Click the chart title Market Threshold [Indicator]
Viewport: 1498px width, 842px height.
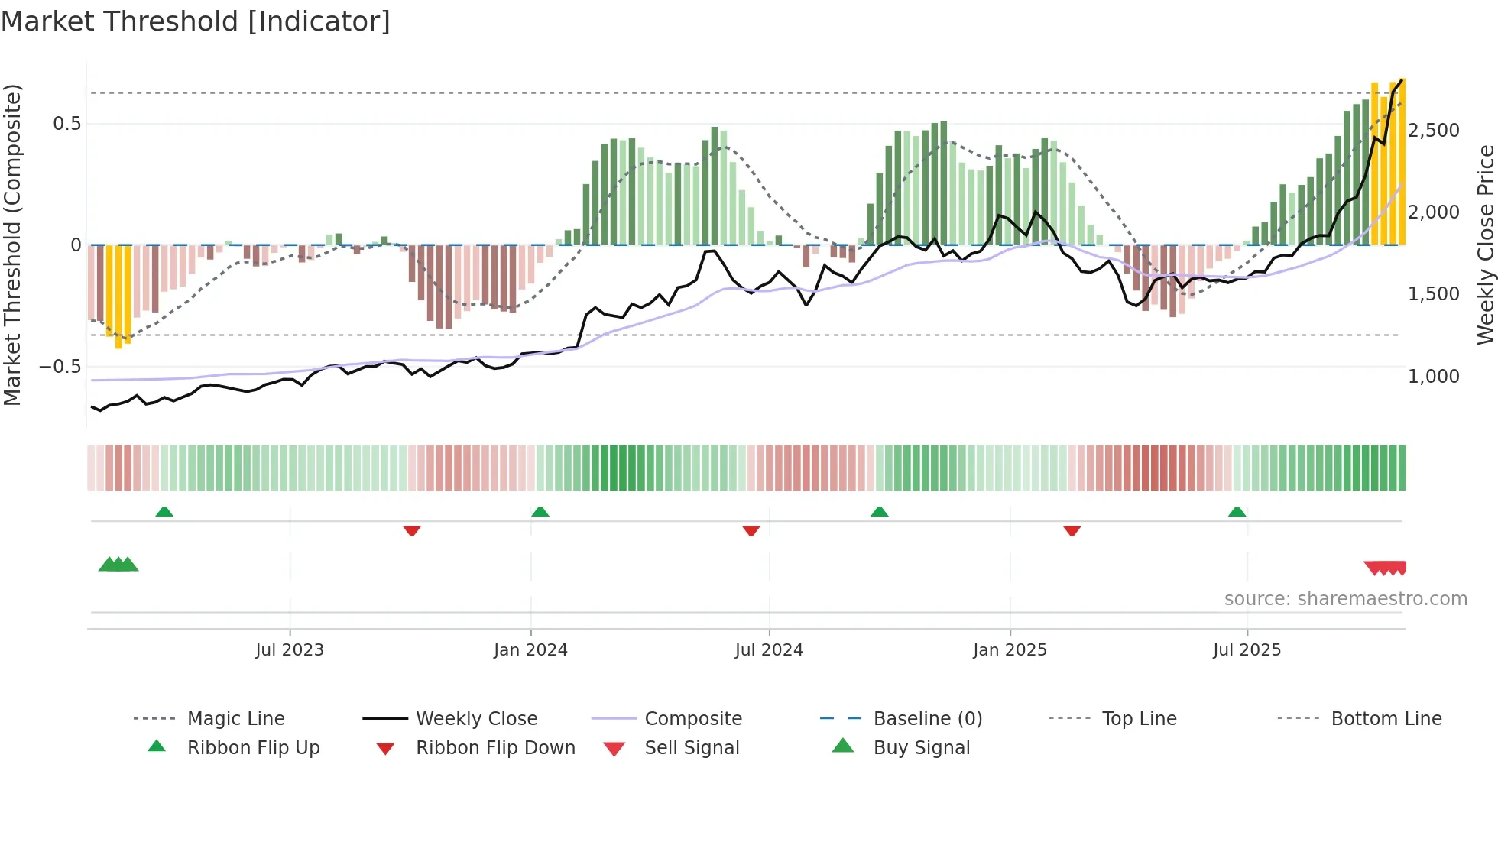[x=196, y=21]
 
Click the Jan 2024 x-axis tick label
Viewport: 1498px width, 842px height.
[x=530, y=650]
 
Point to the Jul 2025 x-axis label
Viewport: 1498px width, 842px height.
[x=1247, y=650]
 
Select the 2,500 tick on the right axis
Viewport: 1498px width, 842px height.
[x=1434, y=131]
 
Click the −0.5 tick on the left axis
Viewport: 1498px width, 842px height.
[x=60, y=367]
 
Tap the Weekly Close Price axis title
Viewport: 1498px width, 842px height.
[x=1485, y=245]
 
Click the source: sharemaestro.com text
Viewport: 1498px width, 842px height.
[x=1345, y=599]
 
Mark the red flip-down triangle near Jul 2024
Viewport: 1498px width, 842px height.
[x=751, y=530]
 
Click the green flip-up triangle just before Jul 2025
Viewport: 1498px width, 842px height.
[x=1237, y=512]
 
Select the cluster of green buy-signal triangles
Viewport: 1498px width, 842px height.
[x=118, y=565]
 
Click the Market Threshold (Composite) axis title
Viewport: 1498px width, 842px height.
[x=12, y=245]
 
